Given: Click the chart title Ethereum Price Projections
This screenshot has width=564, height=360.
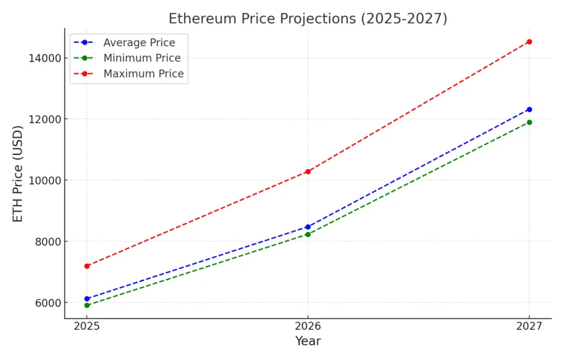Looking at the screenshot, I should [308, 19].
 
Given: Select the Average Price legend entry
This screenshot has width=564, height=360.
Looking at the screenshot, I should [139, 42].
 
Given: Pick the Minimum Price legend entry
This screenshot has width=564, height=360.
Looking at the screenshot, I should [142, 58].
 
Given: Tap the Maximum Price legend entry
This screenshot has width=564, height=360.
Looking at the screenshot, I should [144, 74].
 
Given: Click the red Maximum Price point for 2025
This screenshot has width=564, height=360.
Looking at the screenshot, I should [87, 266].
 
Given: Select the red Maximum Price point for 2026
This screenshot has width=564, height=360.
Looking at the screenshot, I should [308, 172].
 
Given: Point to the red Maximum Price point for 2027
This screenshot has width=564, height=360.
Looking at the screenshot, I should [529, 42].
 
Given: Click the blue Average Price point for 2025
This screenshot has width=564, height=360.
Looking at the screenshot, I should [87, 299].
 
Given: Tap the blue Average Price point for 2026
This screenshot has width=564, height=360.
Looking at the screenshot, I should [308, 227].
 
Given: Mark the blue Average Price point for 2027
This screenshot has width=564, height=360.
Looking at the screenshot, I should [529, 110].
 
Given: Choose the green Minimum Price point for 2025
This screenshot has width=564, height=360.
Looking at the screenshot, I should [87, 305].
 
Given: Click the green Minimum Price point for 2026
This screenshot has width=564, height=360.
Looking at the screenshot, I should [308, 234].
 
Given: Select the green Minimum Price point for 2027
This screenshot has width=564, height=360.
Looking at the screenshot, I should [529, 122].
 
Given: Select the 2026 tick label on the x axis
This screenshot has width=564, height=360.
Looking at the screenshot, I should [308, 325].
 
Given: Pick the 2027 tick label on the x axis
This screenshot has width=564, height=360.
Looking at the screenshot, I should [529, 325].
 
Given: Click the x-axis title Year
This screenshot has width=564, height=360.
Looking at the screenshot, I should [308, 341].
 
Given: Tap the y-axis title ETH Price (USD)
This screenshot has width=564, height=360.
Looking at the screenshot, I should [18, 174].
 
